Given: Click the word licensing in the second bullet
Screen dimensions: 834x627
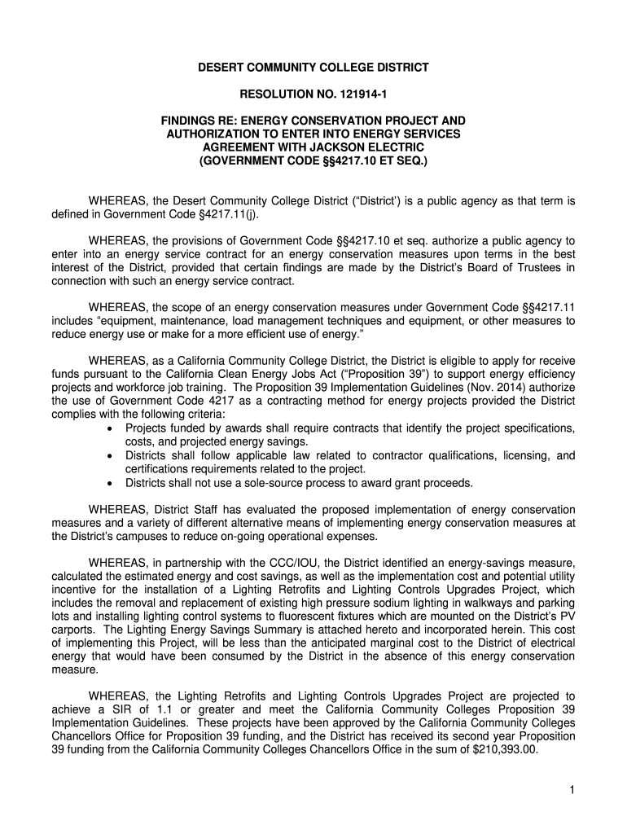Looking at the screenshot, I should [500, 456].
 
